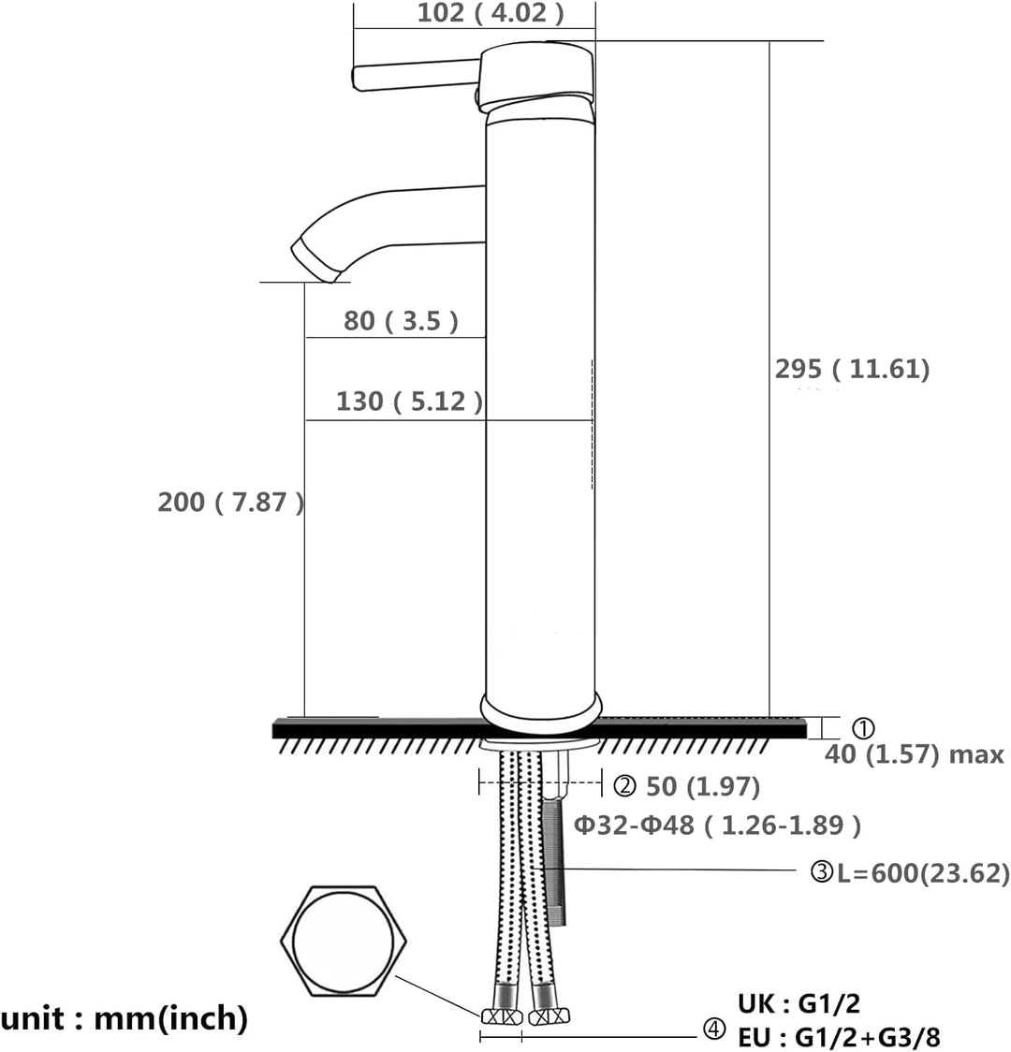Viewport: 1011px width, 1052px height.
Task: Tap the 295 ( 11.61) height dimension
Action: click(x=852, y=369)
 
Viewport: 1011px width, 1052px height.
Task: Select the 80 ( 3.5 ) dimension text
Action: click(x=401, y=321)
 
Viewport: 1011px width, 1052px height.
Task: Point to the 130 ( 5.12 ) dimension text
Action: click(x=409, y=402)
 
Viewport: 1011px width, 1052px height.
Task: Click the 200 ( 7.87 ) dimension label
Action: click(x=230, y=503)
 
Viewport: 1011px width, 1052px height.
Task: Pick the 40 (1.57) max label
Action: click(x=914, y=754)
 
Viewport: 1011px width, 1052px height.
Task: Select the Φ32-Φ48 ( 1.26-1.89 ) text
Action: click(x=717, y=826)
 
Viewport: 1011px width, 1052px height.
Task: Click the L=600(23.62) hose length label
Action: click(x=922, y=873)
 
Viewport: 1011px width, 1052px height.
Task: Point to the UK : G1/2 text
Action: click(x=799, y=1004)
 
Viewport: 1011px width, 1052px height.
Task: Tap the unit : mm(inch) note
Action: click(x=125, y=1017)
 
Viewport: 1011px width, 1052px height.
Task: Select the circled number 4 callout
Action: click(x=713, y=1030)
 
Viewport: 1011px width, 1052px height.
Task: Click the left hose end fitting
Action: click(x=500, y=1015)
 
